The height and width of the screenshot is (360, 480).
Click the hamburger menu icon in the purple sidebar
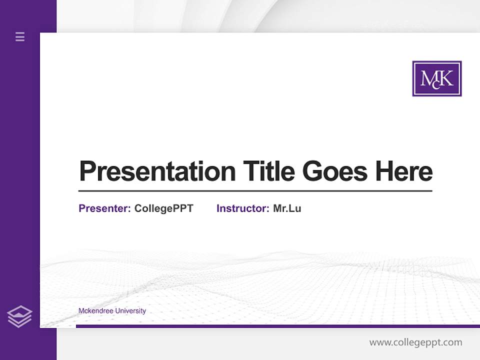(20, 36)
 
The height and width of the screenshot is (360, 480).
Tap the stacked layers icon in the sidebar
(19, 316)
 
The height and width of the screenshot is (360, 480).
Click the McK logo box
(436, 78)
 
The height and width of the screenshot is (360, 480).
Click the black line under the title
(255, 191)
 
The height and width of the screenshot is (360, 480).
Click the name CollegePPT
(163, 208)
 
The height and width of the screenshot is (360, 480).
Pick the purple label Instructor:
(242, 208)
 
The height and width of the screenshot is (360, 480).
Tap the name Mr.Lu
(287, 208)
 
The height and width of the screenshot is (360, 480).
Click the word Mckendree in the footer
(96, 311)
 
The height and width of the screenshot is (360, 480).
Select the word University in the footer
(130, 311)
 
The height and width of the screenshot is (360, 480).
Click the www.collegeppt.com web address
(415, 342)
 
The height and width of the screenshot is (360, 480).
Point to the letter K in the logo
(446, 78)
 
